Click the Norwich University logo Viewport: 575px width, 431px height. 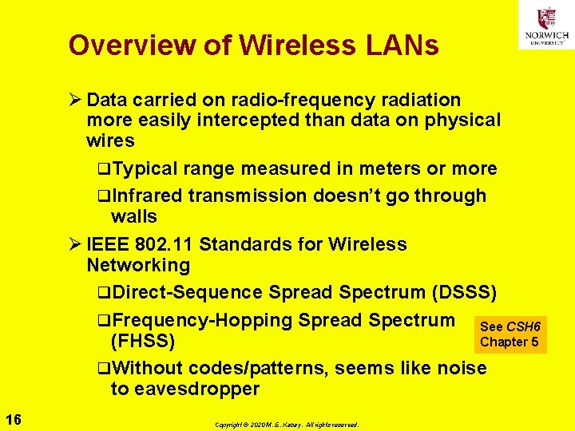(546, 24)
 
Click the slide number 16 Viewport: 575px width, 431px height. (13, 420)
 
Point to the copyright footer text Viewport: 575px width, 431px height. (287, 425)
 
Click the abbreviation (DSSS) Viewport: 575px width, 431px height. (464, 293)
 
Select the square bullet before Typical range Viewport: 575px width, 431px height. (104, 169)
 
